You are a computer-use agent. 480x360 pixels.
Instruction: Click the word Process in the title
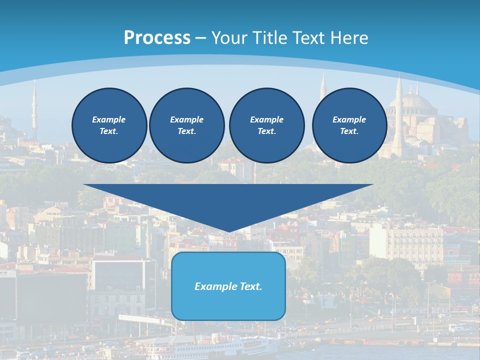tap(157, 38)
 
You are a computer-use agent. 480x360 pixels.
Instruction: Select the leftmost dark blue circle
tap(109, 125)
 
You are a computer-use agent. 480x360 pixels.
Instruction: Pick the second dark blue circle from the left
tap(187, 125)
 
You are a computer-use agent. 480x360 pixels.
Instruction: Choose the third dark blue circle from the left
tap(267, 125)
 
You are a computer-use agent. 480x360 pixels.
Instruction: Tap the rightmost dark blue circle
tap(349, 125)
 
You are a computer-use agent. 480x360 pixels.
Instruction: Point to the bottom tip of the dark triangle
tap(228, 231)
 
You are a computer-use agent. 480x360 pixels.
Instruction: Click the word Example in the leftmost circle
tap(109, 119)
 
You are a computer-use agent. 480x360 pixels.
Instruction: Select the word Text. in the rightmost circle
tap(349, 131)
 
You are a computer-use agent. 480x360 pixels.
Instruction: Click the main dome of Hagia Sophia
tap(418, 102)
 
